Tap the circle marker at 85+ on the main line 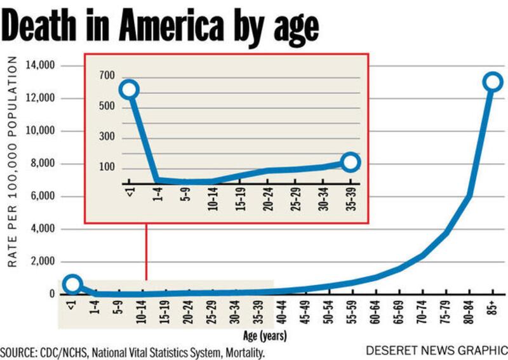tap(493, 82)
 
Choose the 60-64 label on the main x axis tap(375, 312)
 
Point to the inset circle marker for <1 tap(129, 89)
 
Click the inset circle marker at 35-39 tap(349, 163)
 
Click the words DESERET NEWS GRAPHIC tap(436, 350)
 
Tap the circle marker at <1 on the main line tap(73, 284)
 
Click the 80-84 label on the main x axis tap(469, 312)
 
